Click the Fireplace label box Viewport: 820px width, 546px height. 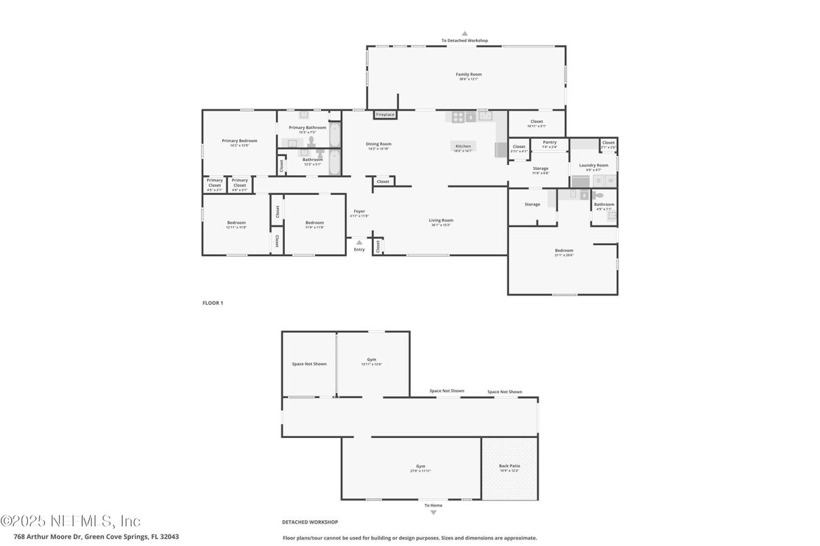[x=385, y=115]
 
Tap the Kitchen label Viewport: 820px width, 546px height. [x=463, y=146]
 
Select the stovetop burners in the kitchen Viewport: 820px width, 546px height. [x=458, y=117]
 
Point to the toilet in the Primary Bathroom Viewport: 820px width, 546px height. [x=311, y=141]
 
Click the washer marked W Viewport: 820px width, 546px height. [x=610, y=181]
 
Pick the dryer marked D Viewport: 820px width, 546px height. [x=598, y=181]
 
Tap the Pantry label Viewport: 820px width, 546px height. [x=549, y=142]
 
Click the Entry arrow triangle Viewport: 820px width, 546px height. [x=359, y=242]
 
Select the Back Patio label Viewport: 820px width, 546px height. [x=509, y=466]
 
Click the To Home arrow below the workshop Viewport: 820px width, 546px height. [x=433, y=513]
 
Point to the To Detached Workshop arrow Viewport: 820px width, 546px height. [x=464, y=33]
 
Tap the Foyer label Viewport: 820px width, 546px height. [x=359, y=211]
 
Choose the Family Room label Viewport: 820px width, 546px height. [x=468, y=74]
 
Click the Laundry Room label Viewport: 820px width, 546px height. [x=594, y=165]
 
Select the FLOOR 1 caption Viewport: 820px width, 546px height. [x=213, y=303]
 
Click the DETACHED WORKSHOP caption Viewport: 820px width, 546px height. [x=310, y=522]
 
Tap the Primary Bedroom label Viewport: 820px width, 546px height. [x=239, y=141]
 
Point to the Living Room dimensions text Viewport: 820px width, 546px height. [x=441, y=225]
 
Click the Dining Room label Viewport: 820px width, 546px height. [x=379, y=144]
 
